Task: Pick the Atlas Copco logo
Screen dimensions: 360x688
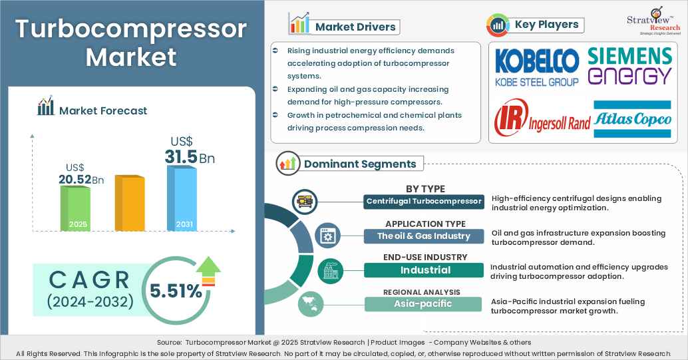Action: click(x=632, y=119)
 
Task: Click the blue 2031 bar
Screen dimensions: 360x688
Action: click(x=181, y=198)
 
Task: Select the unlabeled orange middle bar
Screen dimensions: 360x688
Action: click(x=129, y=203)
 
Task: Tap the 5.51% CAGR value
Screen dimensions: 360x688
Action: click(x=176, y=291)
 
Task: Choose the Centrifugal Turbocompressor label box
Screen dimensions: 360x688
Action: click(x=424, y=201)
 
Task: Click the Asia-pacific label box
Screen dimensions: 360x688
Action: click(x=424, y=304)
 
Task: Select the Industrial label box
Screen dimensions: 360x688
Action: click(x=424, y=270)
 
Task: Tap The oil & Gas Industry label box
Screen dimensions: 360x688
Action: click(x=424, y=236)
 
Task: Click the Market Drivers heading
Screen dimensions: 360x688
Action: click(x=355, y=27)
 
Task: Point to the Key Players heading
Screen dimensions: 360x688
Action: click(x=546, y=25)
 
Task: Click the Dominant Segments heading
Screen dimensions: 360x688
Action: click(x=360, y=164)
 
